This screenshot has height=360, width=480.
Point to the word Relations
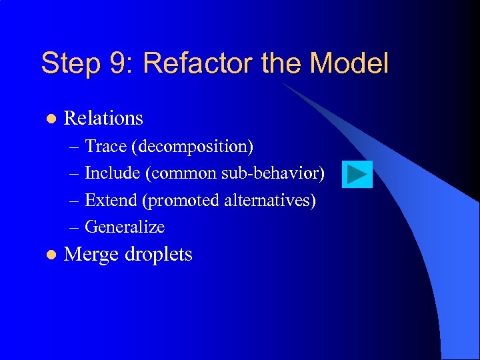(103, 118)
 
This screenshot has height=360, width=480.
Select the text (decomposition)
(192, 146)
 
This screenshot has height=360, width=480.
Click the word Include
(113, 173)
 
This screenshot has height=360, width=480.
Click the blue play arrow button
(357, 175)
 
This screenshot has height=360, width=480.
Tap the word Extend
(111, 200)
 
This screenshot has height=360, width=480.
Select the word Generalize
(125, 227)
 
